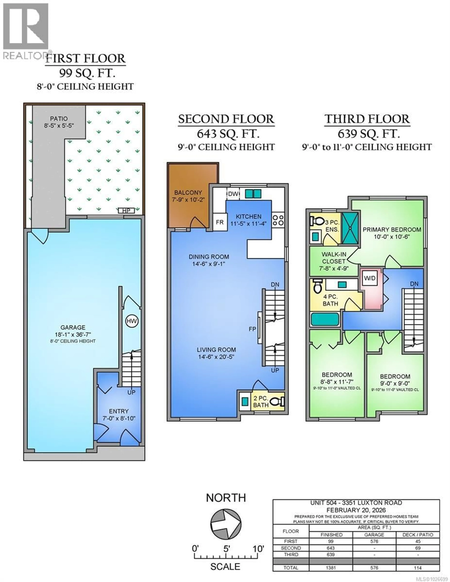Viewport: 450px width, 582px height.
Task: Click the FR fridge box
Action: pos(219,222)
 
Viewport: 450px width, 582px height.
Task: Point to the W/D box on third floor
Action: pos(370,278)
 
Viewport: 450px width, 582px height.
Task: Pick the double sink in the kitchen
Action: pos(253,193)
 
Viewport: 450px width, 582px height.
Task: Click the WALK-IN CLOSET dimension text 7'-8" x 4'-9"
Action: pos(334,268)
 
